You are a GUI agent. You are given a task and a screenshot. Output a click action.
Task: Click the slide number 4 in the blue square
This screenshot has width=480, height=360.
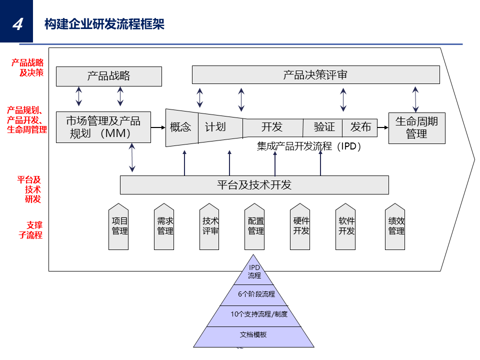click(18, 24)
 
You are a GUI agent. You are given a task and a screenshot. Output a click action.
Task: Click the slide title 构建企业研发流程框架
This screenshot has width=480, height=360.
click(104, 24)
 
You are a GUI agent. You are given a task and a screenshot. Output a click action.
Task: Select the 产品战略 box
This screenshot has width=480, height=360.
click(109, 76)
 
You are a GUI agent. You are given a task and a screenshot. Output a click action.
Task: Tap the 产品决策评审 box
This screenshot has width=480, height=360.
click(315, 74)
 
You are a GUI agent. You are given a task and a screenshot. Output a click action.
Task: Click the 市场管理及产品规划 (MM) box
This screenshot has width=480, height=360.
click(103, 127)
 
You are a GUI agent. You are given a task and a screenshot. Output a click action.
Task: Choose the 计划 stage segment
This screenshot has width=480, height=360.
click(220, 127)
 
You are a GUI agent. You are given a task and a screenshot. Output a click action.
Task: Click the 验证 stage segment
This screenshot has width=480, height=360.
click(322, 127)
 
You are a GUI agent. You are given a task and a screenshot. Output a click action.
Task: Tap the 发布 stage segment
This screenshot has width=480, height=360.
click(359, 127)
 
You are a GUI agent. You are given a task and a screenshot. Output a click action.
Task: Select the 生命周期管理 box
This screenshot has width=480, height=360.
click(416, 128)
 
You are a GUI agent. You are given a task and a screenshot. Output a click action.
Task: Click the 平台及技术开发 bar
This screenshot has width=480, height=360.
click(254, 185)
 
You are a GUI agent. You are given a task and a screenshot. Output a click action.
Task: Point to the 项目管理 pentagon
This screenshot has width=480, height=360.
click(118, 226)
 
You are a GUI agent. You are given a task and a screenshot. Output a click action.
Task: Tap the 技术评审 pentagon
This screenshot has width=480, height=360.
click(209, 226)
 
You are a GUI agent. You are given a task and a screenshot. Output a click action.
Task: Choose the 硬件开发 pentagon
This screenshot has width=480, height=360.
click(300, 226)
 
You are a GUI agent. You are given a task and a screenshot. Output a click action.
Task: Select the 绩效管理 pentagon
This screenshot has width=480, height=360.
click(395, 226)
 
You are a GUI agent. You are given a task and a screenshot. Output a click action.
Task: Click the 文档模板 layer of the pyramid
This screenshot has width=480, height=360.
click(253, 336)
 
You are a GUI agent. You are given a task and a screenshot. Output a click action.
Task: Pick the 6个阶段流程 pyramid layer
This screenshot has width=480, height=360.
click(254, 295)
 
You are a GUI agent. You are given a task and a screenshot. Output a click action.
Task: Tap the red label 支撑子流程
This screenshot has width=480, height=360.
click(30, 230)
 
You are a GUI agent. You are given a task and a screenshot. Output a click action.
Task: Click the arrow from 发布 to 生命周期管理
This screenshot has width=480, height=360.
click(383, 127)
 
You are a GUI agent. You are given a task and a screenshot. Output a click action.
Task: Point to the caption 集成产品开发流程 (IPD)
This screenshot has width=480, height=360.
click(309, 146)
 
